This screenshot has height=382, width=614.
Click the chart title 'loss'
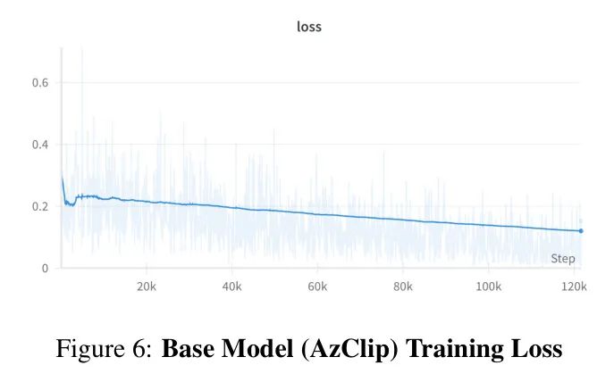point(308,27)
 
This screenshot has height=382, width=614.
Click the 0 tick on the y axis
point(44,268)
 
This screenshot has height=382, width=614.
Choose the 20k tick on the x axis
point(147,287)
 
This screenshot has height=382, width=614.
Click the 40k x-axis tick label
point(232,287)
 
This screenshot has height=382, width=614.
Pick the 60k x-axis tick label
point(317,287)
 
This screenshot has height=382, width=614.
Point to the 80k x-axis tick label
point(403,287)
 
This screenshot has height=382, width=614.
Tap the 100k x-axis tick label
point(488,287)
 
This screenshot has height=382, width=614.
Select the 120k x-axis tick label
point(573,287)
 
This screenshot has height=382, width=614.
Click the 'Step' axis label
point(563,259)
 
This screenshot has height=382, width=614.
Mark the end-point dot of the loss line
point(581,231)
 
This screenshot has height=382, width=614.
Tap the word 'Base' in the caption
point(185,349)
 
